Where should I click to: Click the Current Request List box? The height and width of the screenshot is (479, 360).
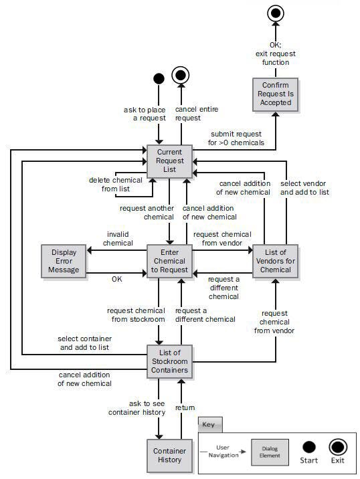click(169, 161)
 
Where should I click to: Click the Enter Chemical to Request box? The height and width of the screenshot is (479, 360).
click(169, 260)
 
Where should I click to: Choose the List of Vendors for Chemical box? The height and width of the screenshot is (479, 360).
click(275, 260)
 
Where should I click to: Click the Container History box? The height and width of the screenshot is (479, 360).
click(169, 455)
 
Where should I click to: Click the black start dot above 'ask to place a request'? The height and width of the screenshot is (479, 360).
click(159, 79)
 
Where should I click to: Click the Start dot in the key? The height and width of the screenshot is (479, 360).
click(309, 448)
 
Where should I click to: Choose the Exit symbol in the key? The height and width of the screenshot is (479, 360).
click(337, 448)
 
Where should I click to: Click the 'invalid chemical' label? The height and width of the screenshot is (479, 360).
click(117, 238)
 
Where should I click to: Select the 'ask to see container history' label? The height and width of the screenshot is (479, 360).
click(137, 407)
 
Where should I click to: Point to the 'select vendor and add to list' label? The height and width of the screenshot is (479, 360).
click(305, 189)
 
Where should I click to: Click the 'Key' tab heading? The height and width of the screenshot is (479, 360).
click(209, 424)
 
